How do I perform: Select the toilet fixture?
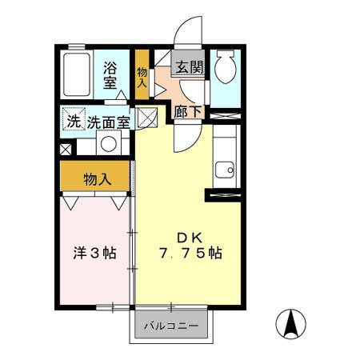tap(224, 67)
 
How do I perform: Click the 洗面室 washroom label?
tap(109, 122)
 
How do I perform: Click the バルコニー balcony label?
tap(170, 327)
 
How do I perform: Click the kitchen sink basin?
tap(224, 170)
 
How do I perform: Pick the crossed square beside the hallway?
tap(146, 118)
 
